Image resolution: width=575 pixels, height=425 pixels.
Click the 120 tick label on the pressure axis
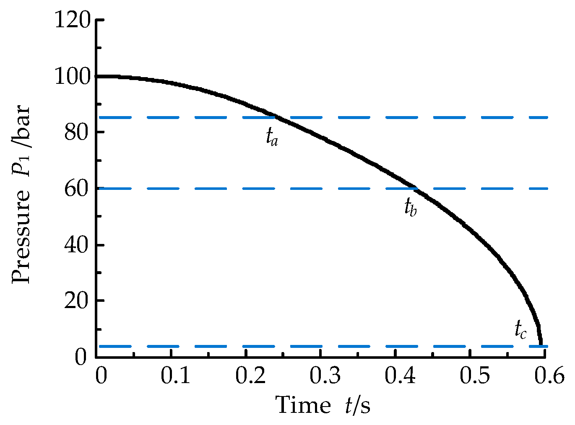click(x=72, y=21)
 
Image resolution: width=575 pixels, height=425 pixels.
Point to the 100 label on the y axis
click(x=72, y=77)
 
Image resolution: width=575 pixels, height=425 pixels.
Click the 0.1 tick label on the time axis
click(x=175, y=376)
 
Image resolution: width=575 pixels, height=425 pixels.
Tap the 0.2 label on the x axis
click(x=250, y=376)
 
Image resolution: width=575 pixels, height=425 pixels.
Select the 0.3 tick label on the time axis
click(x=325, y=376)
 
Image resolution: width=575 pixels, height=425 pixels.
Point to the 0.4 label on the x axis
click(x=400, y=376)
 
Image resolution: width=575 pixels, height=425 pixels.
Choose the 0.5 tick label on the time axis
click(x=474, y=376)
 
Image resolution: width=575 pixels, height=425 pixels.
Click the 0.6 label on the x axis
click(x=549, y=376)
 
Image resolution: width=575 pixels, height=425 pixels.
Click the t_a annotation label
click(x=272, y=137)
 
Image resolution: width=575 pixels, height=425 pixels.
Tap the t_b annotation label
click(x=411, y=207)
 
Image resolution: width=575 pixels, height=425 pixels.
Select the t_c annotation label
click(x=520, y=329)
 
